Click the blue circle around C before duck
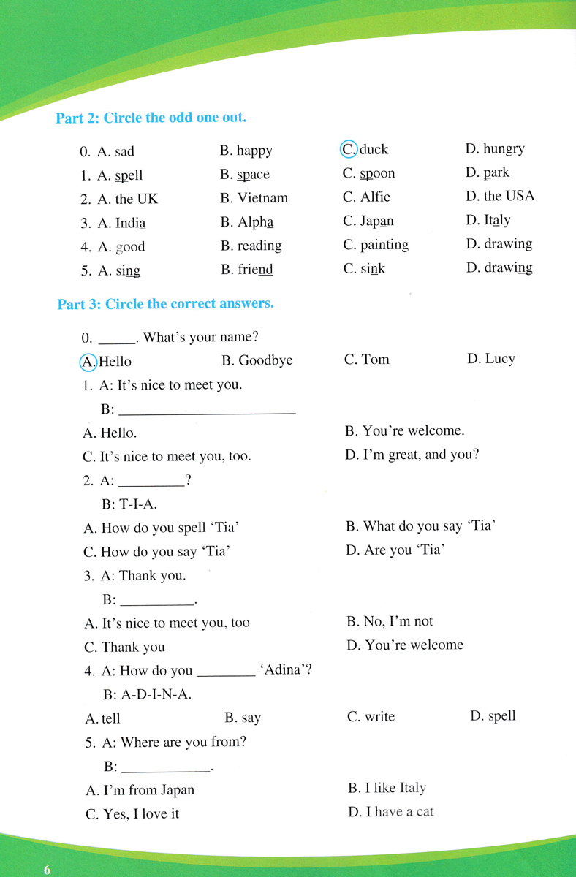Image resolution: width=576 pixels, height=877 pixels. click(x=349, y=149)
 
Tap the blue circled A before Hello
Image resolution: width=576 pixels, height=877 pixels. click(x=88, y=361)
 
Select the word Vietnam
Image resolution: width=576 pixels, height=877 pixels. click(x=262, y=198)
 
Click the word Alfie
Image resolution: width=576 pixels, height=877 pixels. click(x=375, y=197)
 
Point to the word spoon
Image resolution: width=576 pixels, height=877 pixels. click(x=377, y=174)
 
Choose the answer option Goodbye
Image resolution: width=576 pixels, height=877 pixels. click(x=265, y=360)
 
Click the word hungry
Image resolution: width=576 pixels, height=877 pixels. click(x=504, y=149)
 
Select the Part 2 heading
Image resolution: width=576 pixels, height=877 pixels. click(x=151, y=118)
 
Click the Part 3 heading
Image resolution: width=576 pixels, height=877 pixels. click(x=165, y=304)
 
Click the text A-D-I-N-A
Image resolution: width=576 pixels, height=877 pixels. click(x=156, y=695)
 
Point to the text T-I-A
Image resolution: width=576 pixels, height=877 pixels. click(x=138, y=504)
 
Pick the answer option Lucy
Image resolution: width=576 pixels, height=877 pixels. click(x=500, y=359)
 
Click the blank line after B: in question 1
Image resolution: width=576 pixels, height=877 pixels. click(x=207, y=411)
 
